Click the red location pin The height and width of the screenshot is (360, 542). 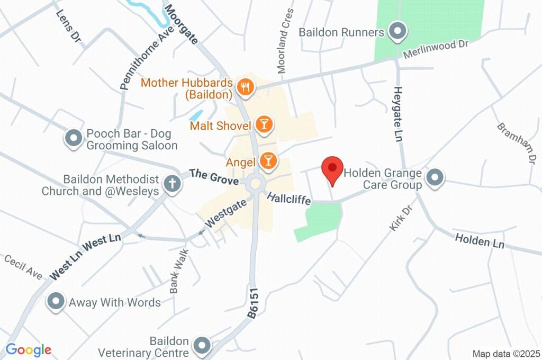point(332,169)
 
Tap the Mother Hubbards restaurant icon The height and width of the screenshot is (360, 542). point(245,87)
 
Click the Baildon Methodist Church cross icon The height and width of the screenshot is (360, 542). point(171,184)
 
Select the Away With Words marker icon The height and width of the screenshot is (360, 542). point(55,302)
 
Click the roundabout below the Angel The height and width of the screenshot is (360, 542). point(256,184)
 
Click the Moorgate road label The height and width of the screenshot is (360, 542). point(180,24)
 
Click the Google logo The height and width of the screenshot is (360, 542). point(29,349)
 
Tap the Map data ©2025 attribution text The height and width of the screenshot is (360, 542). point(506,354)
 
